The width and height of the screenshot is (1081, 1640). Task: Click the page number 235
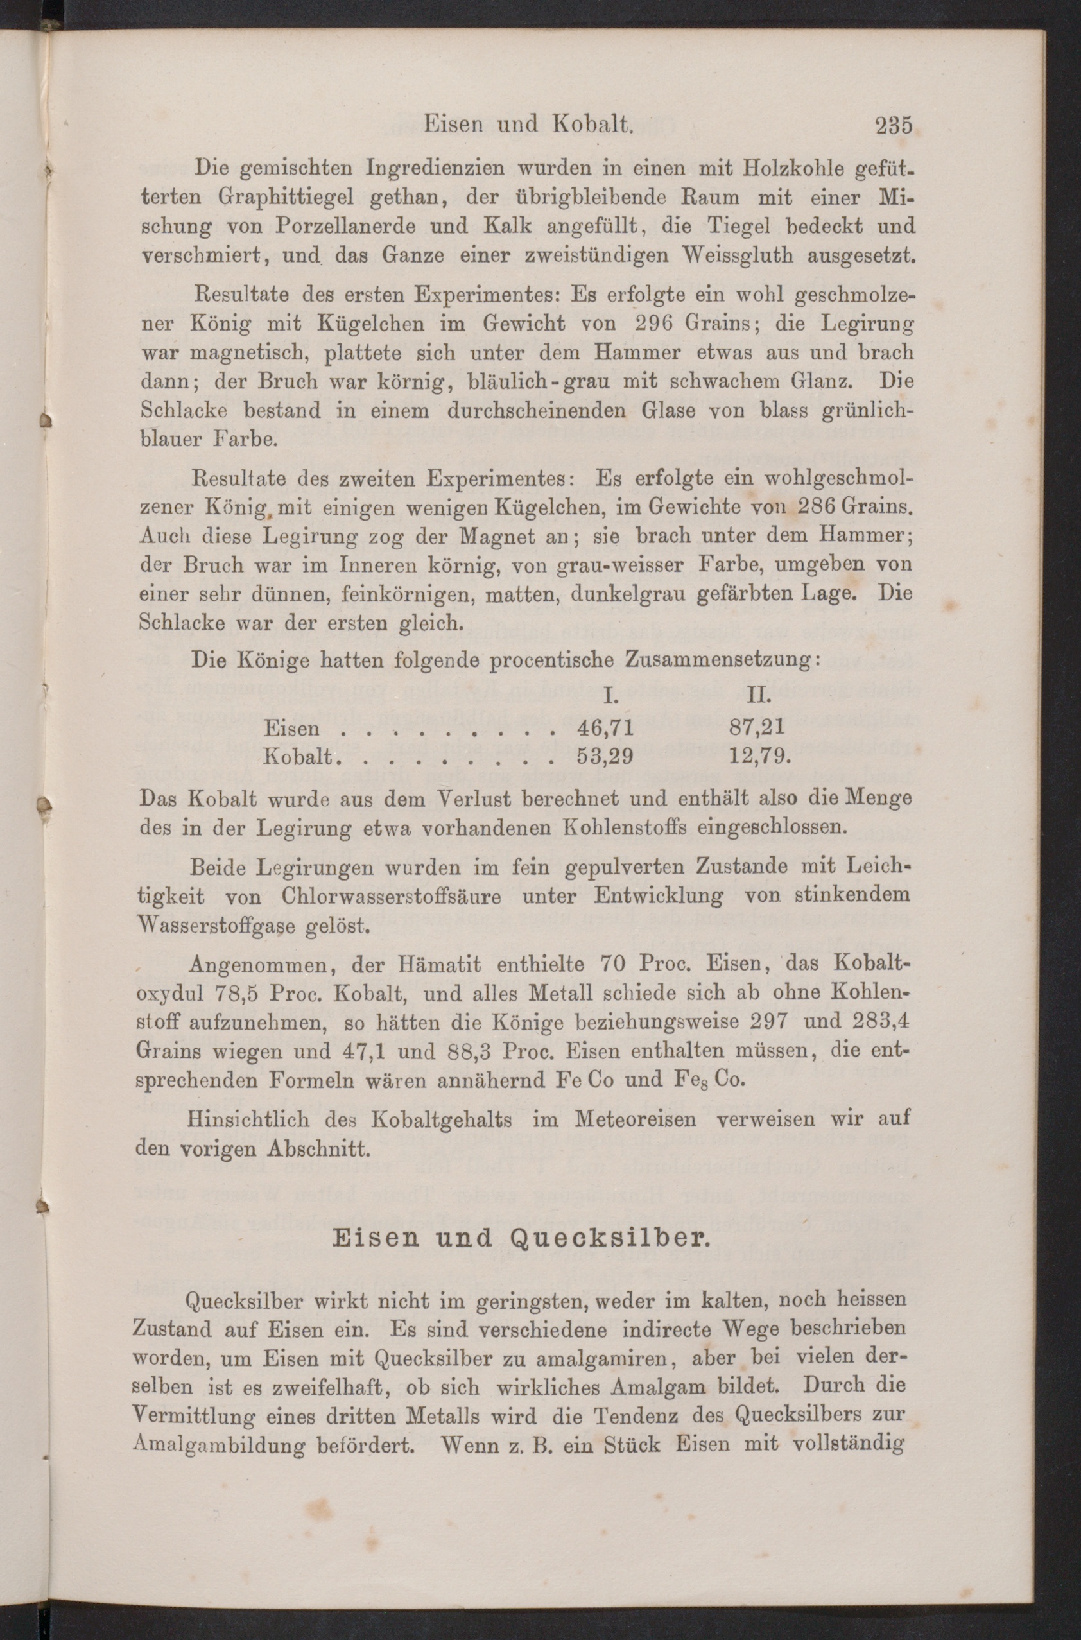(894, 125)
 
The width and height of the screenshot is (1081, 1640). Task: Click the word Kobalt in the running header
(593, 124)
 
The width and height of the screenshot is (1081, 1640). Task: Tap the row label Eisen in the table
(291, 728)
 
